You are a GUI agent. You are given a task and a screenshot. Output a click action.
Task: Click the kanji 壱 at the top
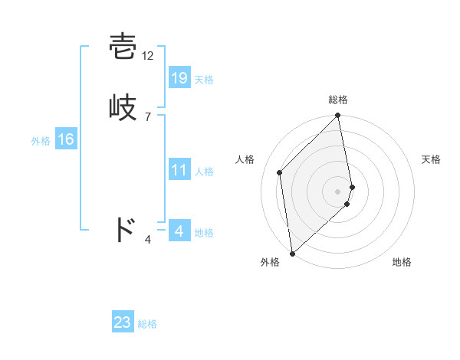[123, 47]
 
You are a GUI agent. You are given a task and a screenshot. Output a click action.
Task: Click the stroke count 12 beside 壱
[148, 56]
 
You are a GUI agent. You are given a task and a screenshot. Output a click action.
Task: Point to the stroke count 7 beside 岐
[147, 116]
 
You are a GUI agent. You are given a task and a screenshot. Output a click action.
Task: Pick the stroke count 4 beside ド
[148, 240]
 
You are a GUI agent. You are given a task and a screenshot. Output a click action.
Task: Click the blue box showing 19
[179, 78]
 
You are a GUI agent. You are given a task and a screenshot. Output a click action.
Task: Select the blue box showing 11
[179, 170]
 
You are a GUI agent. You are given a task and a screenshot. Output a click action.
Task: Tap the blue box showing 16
[66, 139]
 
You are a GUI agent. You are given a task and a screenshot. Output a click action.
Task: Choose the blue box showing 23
[123, 322]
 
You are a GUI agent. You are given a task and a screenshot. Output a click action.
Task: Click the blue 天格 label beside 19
[204, 80]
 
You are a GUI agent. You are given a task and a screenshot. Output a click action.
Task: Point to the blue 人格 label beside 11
[204, 172]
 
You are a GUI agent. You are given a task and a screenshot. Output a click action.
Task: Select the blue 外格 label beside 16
[41, 141]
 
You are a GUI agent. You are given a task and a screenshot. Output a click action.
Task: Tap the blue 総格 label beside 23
[147, 324]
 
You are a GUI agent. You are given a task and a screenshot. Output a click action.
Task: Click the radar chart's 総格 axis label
[338, 100]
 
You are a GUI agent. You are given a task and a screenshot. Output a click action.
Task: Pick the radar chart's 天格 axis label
[432, 159]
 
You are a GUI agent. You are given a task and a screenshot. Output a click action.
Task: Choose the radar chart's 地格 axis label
[402, 262]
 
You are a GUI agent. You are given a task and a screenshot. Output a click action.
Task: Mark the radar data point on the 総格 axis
[338, 116]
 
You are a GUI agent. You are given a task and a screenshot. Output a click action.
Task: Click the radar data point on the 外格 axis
[292, 253]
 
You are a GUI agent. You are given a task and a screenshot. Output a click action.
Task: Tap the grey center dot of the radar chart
[338, 191]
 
